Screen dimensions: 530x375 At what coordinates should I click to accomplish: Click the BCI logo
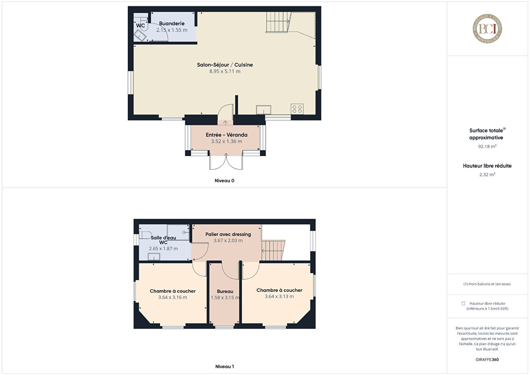487,28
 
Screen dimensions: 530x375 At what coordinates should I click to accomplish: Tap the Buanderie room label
172,23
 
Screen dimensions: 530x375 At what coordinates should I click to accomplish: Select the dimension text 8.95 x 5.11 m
225,71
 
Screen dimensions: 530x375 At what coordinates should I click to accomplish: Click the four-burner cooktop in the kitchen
297,109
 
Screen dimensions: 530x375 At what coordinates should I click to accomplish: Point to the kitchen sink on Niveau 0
264,110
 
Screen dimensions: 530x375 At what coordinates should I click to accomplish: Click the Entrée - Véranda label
226,135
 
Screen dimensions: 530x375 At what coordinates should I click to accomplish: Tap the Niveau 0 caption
225,181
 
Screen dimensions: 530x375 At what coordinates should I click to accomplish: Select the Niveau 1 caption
225,366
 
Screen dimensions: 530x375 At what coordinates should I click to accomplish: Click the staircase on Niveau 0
278,22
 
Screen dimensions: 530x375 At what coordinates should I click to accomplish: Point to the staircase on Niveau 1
273,251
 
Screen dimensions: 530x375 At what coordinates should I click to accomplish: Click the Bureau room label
225,292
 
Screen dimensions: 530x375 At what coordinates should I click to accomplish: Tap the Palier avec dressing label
228,234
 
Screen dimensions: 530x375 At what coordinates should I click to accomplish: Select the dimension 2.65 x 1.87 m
163,248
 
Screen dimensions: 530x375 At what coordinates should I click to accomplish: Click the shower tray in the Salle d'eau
178,232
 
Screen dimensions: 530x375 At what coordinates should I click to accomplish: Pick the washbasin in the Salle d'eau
154,256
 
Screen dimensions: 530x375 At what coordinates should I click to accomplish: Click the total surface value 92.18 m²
487,146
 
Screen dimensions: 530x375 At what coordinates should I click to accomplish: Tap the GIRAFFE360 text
487,359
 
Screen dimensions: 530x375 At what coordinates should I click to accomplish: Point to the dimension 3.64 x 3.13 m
279,296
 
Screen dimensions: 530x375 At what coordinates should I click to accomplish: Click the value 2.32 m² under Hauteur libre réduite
487,174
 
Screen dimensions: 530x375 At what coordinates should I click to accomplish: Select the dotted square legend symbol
463,303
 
